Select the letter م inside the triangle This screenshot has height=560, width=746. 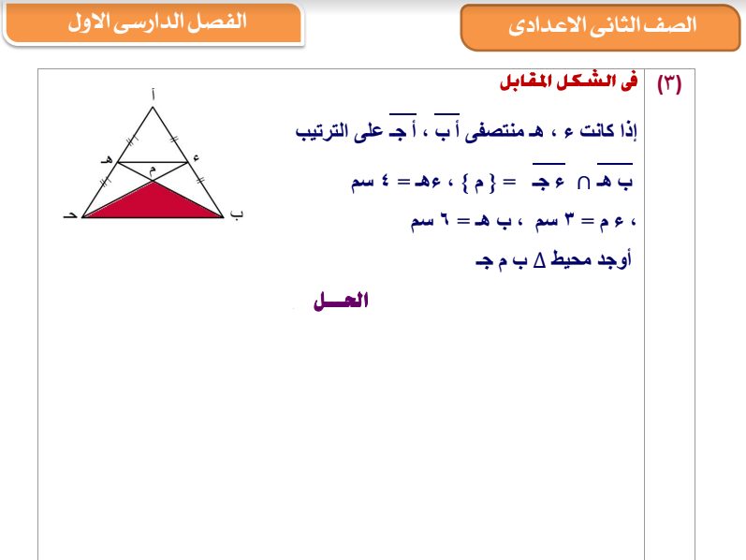coord(152,169)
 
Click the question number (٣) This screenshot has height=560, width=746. coord(669,83)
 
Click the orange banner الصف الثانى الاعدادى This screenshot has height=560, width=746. coord(602,26)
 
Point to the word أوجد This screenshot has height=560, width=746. coord(614,260)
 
